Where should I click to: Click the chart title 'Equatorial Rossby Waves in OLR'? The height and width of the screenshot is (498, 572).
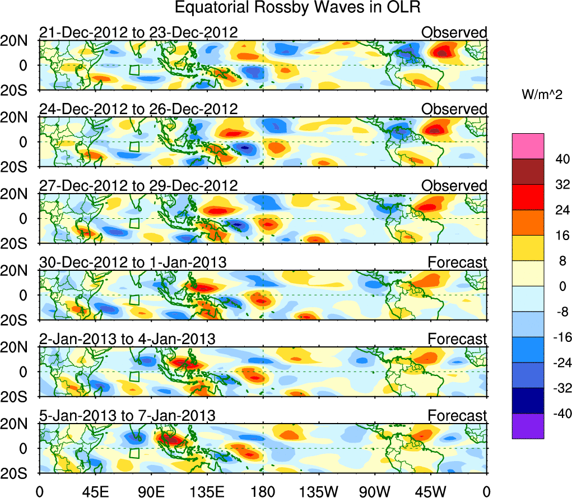[297, 8]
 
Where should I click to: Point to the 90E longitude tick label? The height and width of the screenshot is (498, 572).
[150, 491]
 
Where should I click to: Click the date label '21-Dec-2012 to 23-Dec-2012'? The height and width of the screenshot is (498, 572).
[138, 32]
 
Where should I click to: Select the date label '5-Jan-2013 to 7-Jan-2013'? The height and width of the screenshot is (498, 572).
[127, 415]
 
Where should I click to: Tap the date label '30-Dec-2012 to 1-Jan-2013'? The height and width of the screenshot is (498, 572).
[133, 262]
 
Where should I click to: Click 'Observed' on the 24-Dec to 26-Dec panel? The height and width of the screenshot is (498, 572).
[454, 109]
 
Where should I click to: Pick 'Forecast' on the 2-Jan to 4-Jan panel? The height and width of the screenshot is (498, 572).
[457, 339]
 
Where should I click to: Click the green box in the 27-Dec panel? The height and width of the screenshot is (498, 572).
[134, 223]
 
